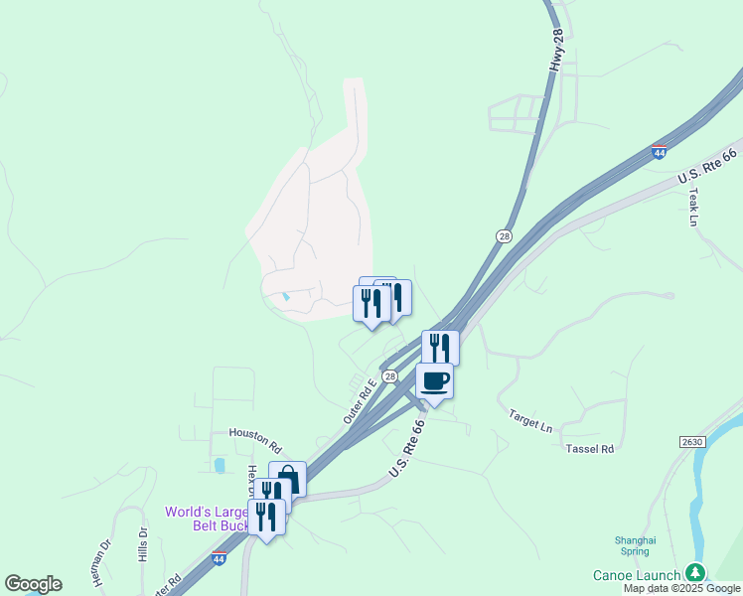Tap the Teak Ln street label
coord(694,206)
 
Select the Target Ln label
coord(530,420)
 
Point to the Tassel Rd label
coord(590,449)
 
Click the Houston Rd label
coord(255,433)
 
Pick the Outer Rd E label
coord(359,401)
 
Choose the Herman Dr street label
coord(101,562)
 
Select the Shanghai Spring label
coord(635,545)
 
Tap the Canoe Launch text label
coord(637,575)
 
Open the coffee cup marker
coord(434,380)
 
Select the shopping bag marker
coord(287,480)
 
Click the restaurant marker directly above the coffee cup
coord(440,348)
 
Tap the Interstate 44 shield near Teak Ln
coord(659,152)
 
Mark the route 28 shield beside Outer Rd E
coord(390,376)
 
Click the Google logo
coord(33,584)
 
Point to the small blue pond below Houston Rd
coord(219,465)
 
